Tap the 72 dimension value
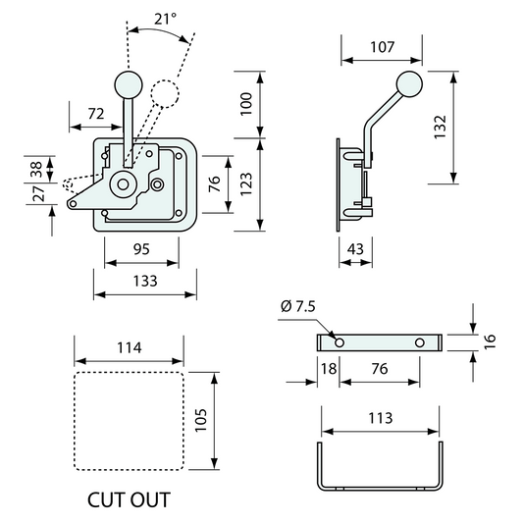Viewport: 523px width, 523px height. click(x=95, y=114)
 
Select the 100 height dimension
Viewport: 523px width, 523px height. click(x=247, y=102)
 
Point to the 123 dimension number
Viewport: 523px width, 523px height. click(x=247, y=183)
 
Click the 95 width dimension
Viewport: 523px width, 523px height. click(x=142, y=249)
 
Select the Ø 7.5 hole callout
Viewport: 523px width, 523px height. click(x=298, y=307)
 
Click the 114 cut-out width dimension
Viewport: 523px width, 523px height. click(x=130, y=347)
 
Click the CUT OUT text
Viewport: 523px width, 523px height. click(x=129, y=498)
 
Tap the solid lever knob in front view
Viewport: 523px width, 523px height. click(x=127, y=83)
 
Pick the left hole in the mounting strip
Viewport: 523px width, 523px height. click(x=340, y=342)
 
